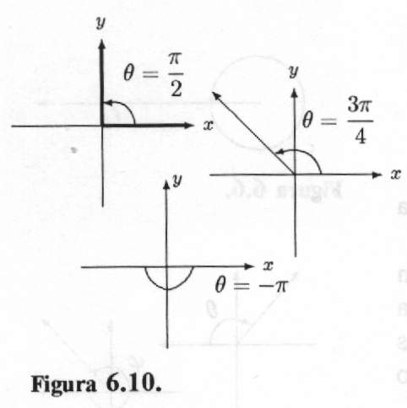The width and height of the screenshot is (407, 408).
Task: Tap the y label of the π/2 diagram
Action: tap(100, 22)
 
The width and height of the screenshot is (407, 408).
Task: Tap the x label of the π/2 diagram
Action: tap(208, 126)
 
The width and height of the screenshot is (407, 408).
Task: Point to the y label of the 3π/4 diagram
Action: tap(294, 71)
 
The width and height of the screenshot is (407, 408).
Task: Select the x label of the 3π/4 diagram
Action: tap(395, 174)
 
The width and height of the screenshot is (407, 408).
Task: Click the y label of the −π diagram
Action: tap(177, 180)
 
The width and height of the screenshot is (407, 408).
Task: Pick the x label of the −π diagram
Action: tap(269, 266)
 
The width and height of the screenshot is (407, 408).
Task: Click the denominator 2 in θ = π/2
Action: tap(176, 89)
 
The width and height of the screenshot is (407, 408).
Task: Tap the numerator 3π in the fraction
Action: tap(360, 105)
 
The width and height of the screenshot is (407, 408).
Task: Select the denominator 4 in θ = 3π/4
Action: tap(361, 137)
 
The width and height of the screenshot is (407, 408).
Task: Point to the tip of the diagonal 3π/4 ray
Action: tap(213, 93)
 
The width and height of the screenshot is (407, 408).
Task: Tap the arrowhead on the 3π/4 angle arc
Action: tap(279, 152)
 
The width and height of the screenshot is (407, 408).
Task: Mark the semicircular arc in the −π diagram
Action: tap(168, 288)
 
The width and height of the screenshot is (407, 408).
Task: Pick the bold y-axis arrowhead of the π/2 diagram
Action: tap(101, 45)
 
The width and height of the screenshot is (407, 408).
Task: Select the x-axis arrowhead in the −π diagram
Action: tap(249, 266)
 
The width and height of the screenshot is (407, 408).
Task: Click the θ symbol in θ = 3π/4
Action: tap(307, 121)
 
